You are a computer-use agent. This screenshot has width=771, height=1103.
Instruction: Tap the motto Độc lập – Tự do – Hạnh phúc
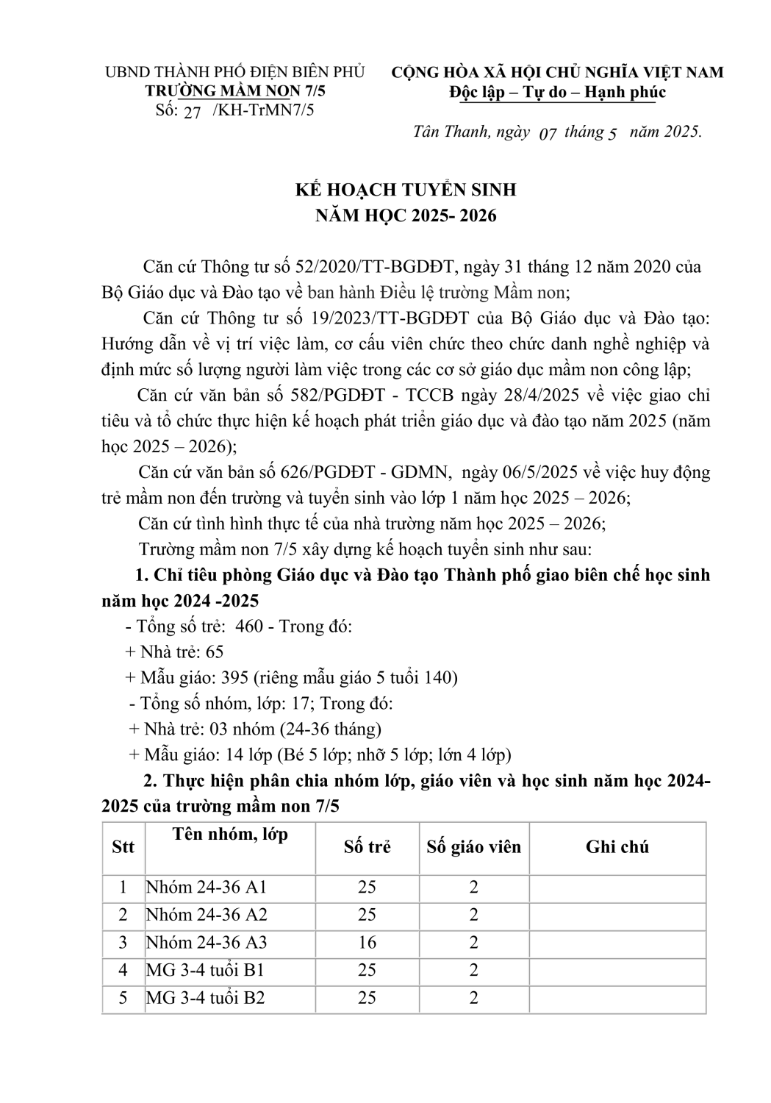click(558, 92)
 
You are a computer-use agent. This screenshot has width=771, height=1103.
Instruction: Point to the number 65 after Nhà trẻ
click(214, 652)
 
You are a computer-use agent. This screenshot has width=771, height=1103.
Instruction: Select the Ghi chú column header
click(617, 846)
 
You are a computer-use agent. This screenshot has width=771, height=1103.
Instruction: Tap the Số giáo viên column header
click(473, 846)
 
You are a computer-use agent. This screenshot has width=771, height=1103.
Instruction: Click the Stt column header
click(123, 846)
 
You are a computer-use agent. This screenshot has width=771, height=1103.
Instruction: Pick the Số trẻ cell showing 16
click(367, 942)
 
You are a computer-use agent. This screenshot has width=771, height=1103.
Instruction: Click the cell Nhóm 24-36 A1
click(206, 887)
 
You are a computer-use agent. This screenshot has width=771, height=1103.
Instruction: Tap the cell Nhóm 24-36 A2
click(206, 915)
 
